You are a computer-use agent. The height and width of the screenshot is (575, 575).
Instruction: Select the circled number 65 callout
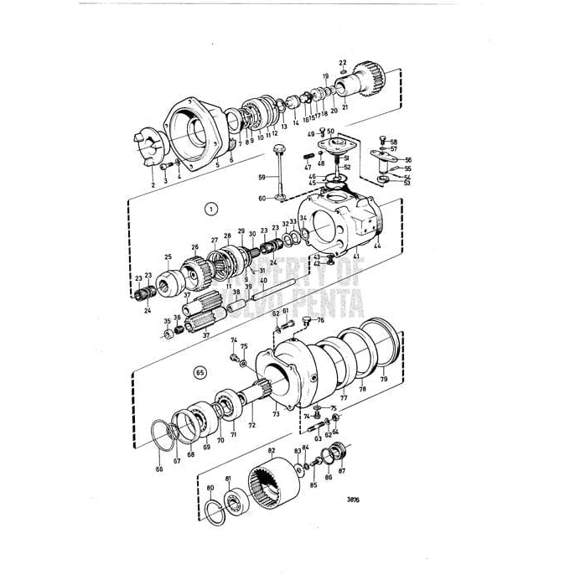coord(199,371)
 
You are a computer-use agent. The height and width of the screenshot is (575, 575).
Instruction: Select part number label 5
coord(217,166)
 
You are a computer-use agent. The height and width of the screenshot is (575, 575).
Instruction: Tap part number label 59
coord(261,177)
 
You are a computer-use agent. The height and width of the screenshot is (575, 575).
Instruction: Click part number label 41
coord(356,256)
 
